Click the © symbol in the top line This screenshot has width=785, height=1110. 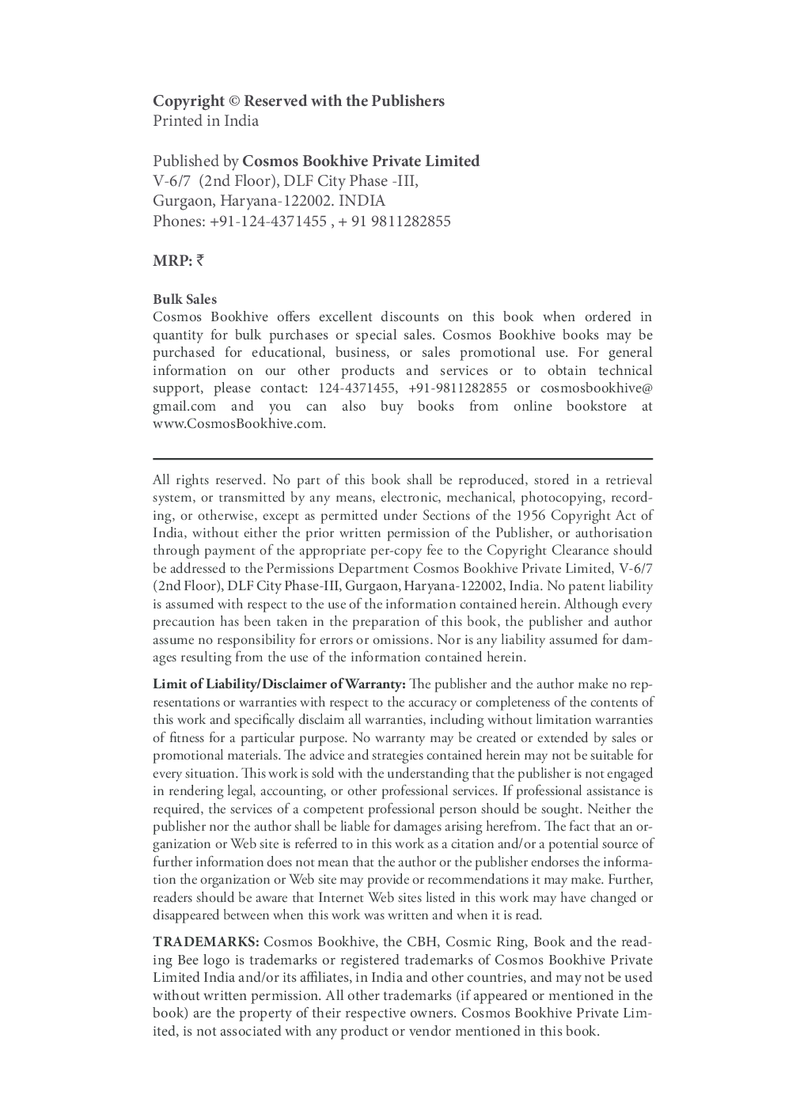coord(234,101)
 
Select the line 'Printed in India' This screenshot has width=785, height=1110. coord(206,121)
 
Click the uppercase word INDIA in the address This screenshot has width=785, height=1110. coord(362,201)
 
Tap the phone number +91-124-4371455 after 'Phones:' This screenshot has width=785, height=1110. coord(267,222)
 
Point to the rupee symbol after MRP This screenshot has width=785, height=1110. coord(200,260)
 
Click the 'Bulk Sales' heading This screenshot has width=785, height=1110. coord(184,299)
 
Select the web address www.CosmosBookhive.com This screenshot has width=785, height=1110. coord(239,423)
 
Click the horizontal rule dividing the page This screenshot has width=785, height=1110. coord(402,458)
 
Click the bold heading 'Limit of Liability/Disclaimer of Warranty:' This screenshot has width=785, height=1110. coord(279,684)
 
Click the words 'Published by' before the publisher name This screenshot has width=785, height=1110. coord(195,161)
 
